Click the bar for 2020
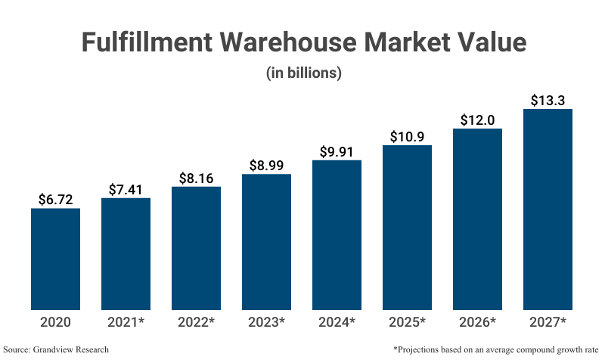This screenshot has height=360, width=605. click(55, 259)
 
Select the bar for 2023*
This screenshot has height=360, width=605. click(266, 242)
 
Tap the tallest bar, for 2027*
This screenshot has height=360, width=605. click(548, 209)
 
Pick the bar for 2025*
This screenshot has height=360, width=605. click(407, 227)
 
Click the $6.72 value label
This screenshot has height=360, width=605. click(55, 200)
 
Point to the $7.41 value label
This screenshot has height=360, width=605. click(126, 189)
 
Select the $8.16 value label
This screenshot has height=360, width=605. click(196, 178)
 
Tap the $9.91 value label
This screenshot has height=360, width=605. click(337, 151)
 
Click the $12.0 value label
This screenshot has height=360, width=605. click(477, 120)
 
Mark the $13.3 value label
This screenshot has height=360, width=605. click(548, 100)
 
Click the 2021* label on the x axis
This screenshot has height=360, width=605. click(126, 322)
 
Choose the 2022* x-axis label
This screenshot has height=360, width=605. click(196, 322)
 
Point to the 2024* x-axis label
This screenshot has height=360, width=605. click(337, 322)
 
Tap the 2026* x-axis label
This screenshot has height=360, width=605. click(477, 322)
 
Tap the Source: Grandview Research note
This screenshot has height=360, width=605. click(56, 349)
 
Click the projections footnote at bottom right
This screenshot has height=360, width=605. click(496, 349)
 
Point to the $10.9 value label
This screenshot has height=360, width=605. click(407, 136)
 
